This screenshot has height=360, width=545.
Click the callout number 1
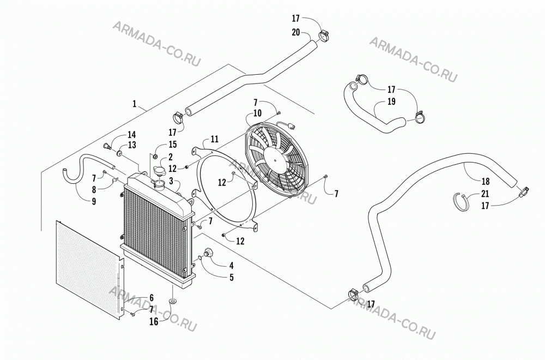135,104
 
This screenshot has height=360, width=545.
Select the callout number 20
296,32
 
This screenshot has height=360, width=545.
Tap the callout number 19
391,101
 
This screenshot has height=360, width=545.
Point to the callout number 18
486,181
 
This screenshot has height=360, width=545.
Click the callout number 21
485,194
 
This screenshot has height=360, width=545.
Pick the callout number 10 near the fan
258,113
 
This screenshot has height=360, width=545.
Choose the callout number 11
214,139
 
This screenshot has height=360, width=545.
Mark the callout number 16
154,322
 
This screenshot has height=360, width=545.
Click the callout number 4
231,266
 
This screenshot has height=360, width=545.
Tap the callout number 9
94,201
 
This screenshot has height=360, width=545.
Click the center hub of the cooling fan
276,161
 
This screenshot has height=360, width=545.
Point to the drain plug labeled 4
209,253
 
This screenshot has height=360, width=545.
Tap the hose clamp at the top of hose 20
323,35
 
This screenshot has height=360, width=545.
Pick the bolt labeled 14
107,146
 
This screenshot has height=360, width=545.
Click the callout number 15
172,145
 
